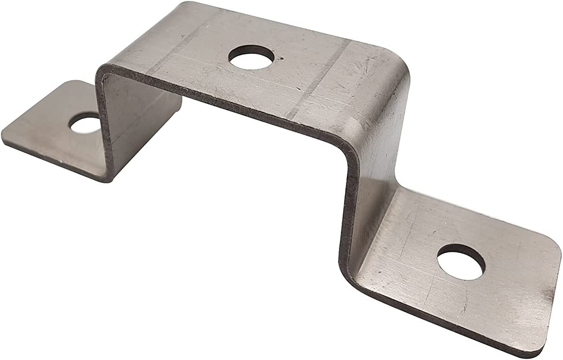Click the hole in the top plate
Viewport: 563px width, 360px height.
[250, 58]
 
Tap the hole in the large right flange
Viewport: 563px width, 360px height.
[461, 262]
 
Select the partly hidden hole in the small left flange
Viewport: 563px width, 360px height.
[85, 123]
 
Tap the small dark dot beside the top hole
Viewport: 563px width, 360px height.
[281, 59]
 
